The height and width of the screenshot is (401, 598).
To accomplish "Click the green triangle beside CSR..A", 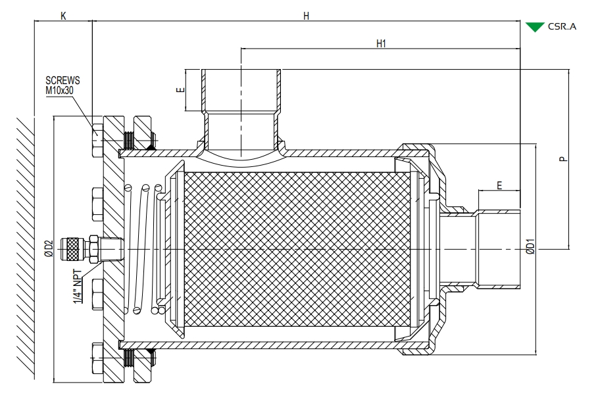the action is click(x=535, y=27).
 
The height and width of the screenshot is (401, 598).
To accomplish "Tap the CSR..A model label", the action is click(x=562, y=27).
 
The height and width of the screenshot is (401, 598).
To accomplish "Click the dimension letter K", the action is click(x=63, y=16).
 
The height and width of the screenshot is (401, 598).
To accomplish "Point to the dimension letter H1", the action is click(x=381, y=43).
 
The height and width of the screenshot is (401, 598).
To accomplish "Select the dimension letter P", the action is click(x=563, y=158).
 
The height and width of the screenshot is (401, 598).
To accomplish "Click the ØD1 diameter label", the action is click(x=530, y=246).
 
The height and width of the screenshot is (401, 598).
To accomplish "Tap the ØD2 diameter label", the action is click(x=49, y=248).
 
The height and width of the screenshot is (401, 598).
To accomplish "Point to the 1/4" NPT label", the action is click(x=78, y=287).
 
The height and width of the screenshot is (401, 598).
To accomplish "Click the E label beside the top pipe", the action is click(x=181, y=90).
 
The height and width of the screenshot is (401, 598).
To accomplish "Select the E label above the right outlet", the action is click(x=499, y=185).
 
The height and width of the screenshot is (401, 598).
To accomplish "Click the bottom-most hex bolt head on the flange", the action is click(x=97, y=358).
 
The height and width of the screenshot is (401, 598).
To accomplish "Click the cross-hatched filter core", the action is click(x=297, y=249).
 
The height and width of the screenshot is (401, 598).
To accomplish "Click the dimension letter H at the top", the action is click(x=306, y=16).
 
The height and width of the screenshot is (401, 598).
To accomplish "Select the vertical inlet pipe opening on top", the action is click(x=241, y=91).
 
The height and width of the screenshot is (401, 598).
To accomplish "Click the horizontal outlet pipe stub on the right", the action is click(x=498, y=249).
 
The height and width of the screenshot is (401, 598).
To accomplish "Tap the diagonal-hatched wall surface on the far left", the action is click(x=26, y=246).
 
